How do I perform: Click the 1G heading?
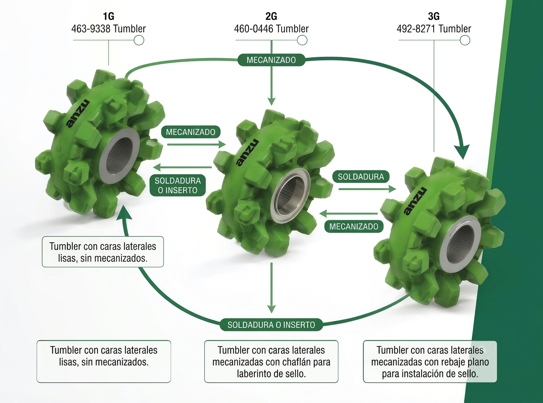point(109,16)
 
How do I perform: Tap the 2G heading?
point(271,16)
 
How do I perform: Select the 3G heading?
point(434,16)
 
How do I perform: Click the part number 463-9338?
point(91,29)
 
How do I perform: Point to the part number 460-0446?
point(254,29)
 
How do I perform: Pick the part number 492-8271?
point(416,29)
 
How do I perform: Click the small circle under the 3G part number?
point(465,40)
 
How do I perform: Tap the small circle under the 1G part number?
point(139,40)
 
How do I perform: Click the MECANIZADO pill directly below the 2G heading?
point(271,60)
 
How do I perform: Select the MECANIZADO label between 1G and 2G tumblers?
point(190,132)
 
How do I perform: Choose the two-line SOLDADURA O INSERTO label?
point(178,185)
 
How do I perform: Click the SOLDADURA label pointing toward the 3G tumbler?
point(361,177)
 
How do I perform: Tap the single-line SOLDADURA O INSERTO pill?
point(271,325)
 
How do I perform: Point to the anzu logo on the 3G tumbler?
point(415,201)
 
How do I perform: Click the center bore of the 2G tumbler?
point(291,196)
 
